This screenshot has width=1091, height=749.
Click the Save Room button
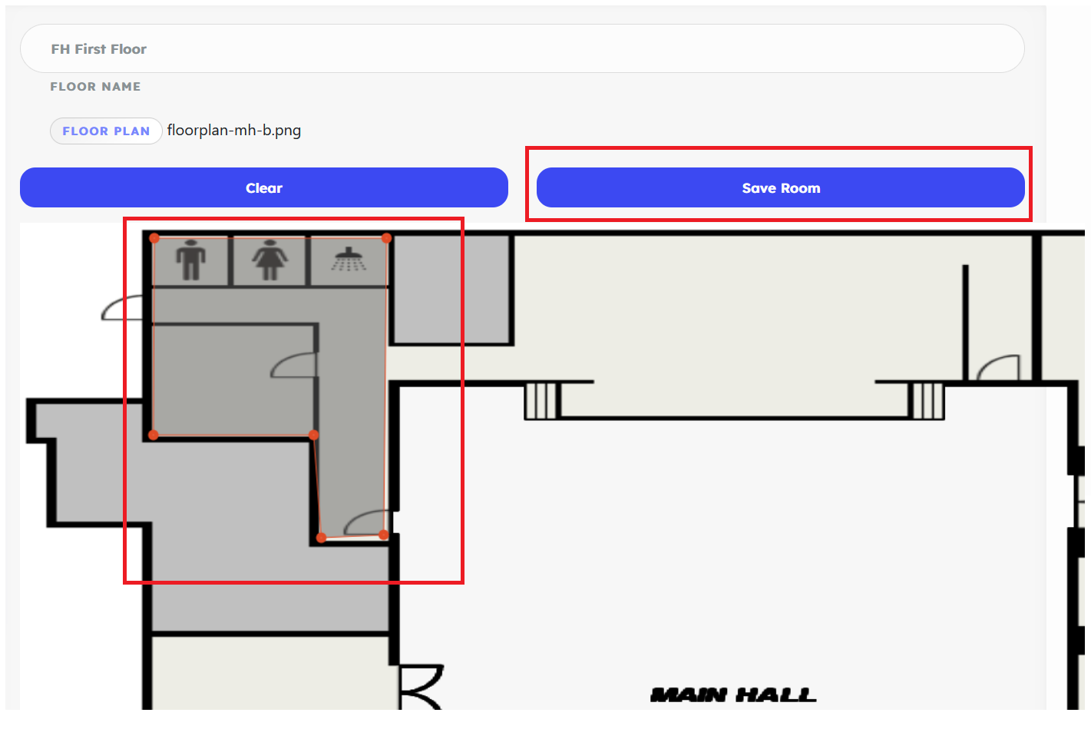tap(780, 188)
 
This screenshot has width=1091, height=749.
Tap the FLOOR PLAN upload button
tap(106, 131)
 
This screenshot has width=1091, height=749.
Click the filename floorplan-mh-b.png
tap(234, 131)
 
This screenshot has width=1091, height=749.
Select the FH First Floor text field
tap(522, 49)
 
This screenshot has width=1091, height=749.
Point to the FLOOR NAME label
tap(95, 87)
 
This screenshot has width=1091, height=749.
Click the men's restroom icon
tap(190, 260)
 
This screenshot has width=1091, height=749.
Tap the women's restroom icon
tap(269, 260)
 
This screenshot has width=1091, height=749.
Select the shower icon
tap(349, 260)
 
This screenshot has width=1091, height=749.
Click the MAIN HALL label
tap(733, 695)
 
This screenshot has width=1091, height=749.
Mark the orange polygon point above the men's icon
tap(154, 238)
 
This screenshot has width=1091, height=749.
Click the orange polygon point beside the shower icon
tap(386, 238)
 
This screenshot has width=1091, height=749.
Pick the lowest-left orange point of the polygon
tap(322, 537)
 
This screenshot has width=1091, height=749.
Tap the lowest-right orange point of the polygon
tap(384, 535)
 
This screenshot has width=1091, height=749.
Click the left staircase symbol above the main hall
tap(541, 400)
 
